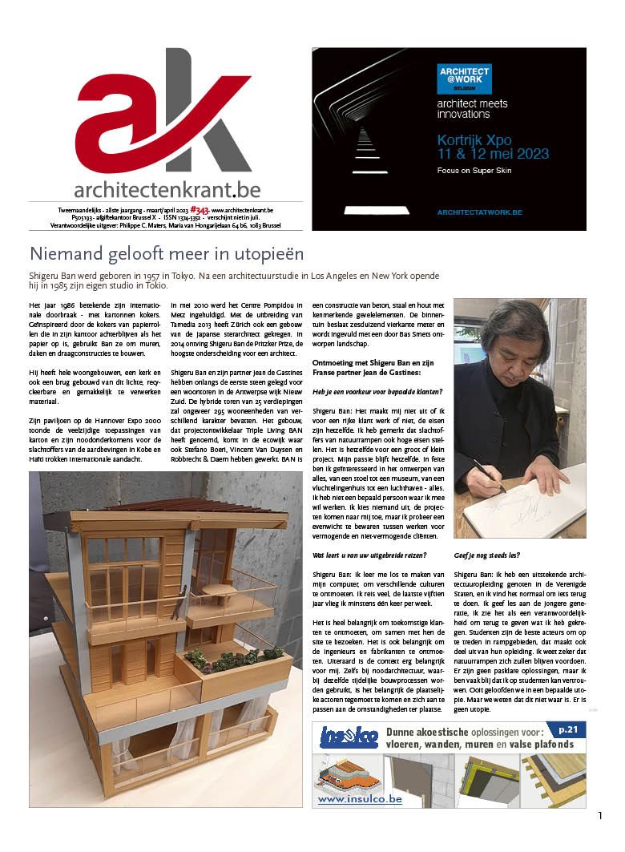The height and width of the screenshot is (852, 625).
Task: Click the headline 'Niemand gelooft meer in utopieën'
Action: [x=167, y=255]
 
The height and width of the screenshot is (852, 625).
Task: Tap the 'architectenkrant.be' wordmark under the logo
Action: [x=167, y=189]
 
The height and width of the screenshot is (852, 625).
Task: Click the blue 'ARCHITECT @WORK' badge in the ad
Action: [x=464, y=79]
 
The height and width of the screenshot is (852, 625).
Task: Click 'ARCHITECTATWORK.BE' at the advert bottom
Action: [x=479, y=212]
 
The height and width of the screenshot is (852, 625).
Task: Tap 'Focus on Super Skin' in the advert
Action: [x=474, y=171]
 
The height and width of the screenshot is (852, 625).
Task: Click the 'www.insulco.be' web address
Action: [x=348, y=798]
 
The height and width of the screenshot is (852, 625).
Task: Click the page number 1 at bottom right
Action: [x=599, y=816]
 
